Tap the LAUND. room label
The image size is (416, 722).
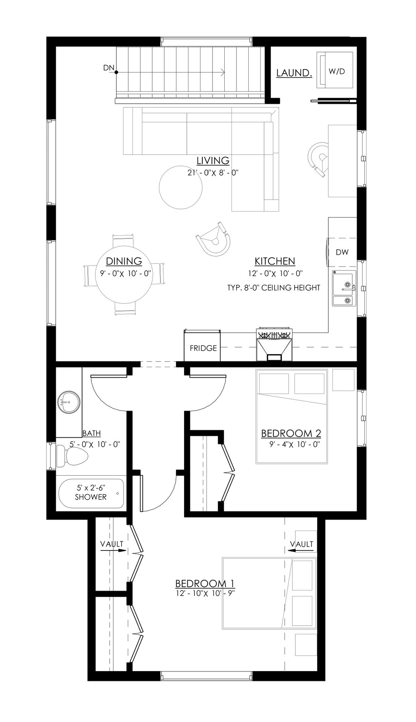294,73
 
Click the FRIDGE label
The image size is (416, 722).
203,348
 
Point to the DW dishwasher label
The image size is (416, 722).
342,252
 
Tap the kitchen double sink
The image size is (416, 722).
344,289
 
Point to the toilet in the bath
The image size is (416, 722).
71,456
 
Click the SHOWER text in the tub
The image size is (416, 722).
91,497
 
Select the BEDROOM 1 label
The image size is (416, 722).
205,583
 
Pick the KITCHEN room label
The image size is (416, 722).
275,261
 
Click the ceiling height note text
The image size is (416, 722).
274,288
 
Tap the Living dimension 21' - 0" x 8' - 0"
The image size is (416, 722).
213,173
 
